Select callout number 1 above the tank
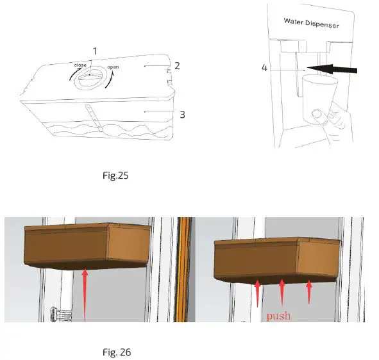click(94, 51)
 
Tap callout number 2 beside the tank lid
click(178, 66)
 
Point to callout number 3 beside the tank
click(182, 115)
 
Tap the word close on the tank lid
click(80, 65)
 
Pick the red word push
click(279, 316)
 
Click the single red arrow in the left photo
click(84, 293)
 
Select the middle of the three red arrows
click(282, 291)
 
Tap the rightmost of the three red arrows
click(310, 291)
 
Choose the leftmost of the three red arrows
click(257, 293)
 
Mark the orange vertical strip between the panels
click(186, 269)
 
